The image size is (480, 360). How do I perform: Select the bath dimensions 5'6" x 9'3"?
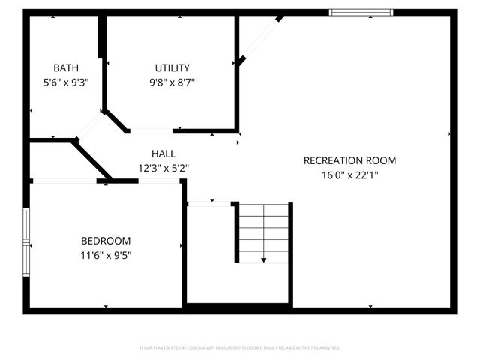pyautogui.click(x=67, y=82)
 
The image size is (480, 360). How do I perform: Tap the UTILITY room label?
pyautogui.click(x=173, y=67)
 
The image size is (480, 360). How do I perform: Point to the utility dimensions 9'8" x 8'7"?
pyautogui.click(x=173, y=82)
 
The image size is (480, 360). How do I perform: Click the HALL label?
pyautogui.click(x=163, y=153)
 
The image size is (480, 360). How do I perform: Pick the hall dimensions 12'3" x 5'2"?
pyautogui.click(x=163, y=168)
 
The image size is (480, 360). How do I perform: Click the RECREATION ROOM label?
pyautogui.click(x=349, y=160)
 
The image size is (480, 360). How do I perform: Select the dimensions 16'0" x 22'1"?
pyautogui.click(x=349, y=175)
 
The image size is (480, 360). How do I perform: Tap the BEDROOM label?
pyautogui.click(x=106, y=241)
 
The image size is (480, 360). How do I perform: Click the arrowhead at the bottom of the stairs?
pyautogui.click(x=263, y=259)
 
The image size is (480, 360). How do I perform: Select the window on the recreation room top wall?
pyautogui.click(x=361, y=12)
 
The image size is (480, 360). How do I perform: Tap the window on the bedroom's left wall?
pyautogui.click(x=27, y=243)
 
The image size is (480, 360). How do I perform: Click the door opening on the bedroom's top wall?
pyautogui.click(x=64, y=180)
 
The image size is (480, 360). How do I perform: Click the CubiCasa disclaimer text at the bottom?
pyautogui.click(x=240, y=348)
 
